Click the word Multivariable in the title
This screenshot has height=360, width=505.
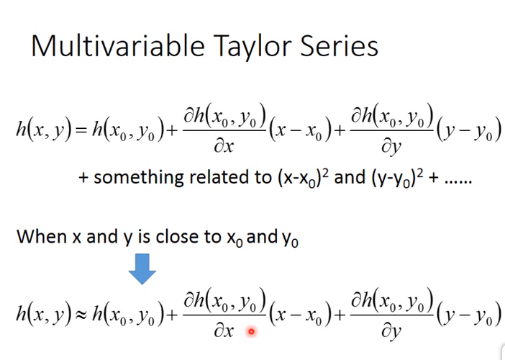(118, 46)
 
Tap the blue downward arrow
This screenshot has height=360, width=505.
(142, 269)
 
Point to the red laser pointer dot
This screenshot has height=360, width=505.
(251, 331)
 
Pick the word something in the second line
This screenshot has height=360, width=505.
(139, 178)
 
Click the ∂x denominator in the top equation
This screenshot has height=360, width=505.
(224, 147)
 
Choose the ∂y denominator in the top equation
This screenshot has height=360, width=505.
(391, 148)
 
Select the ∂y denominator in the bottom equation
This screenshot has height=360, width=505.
(391, 332)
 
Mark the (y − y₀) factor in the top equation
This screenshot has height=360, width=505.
(469, 130)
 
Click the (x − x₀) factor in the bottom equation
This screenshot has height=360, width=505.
(300, 314)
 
